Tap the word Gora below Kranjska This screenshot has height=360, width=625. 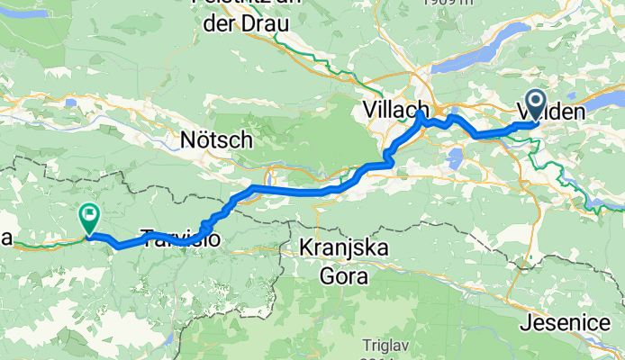(x=345, y=277)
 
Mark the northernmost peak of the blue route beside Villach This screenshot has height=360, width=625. (x=421, y=114)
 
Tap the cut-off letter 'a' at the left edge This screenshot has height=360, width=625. (x=5, y=238)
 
